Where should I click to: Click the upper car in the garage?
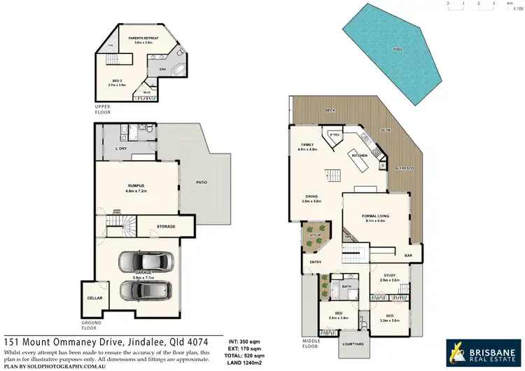click(x=146, y=261)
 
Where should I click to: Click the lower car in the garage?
click(x=146, y=289)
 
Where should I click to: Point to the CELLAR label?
click(x=95, y=298)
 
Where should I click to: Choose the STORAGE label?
click(x=166, y=227)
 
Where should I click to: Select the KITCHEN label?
click(x=360, y=154)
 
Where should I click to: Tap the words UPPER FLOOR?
click(x=103, y=108)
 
